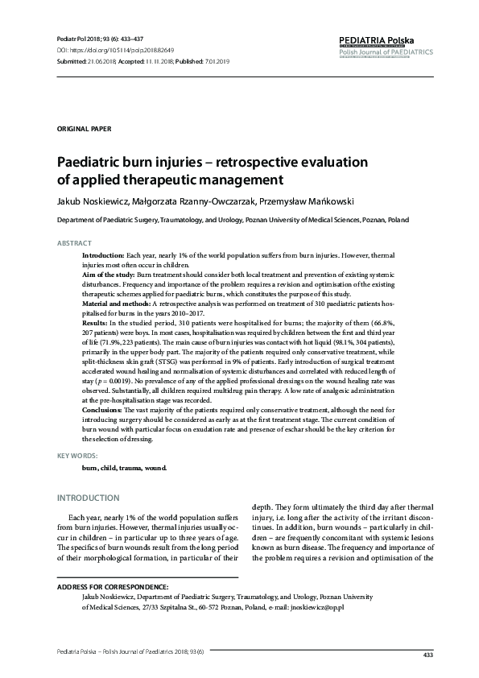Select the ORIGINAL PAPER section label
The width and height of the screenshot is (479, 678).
tap(84, 129)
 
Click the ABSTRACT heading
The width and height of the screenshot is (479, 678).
tap(74, 243)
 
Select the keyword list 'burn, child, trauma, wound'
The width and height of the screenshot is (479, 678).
tap(124, 468)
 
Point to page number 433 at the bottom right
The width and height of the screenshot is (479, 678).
tap(427, 655)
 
